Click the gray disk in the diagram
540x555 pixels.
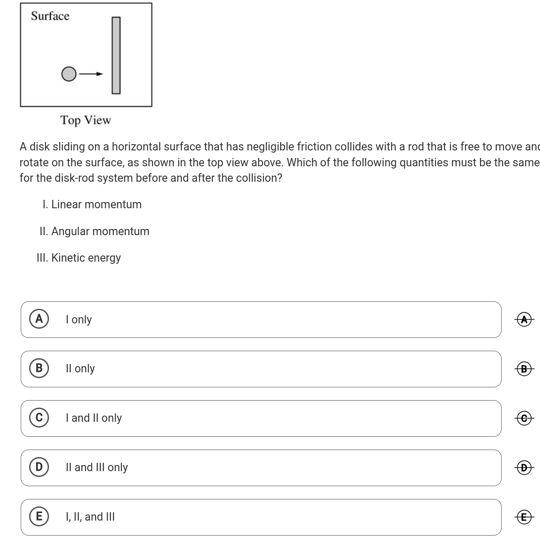click(x=68, y=74)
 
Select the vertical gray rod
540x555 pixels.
click(x=116, y=55)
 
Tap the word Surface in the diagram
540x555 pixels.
click(x=50, y=16)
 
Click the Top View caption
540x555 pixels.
click(x=86, y=120)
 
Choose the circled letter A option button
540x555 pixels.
click(x=39, y=319)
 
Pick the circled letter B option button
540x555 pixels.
click(x=39, y=368)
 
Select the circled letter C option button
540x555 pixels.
click(x=39, y=417)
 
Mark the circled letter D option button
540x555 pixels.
click(x=39, y=467)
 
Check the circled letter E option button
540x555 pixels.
click(x=39, y=516)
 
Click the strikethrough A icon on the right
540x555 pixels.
click(x=524, y=319)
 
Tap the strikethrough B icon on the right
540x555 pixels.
click(x=524, y=368)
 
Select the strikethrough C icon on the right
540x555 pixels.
click(x=524, y=418)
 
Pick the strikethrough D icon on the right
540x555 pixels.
click(x=524, y=467)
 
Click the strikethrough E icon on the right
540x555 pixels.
click(x=524, y=517)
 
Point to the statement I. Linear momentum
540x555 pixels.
click(x=92, y=205)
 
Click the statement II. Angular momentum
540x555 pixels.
click(x=94, y=231)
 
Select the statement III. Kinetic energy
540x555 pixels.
click(x=79, y=258)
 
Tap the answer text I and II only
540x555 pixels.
click(x=94, y=418)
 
